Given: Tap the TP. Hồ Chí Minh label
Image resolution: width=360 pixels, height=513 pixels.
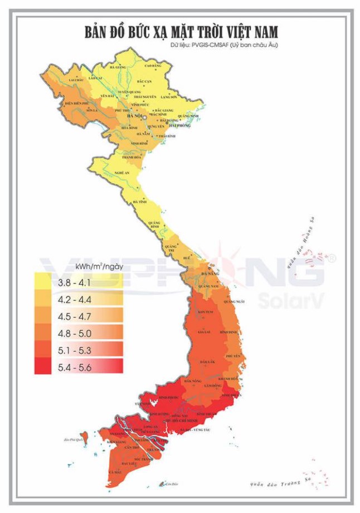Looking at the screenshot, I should [179, 421].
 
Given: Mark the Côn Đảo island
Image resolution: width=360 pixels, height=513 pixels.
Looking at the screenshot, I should [162, 483].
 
